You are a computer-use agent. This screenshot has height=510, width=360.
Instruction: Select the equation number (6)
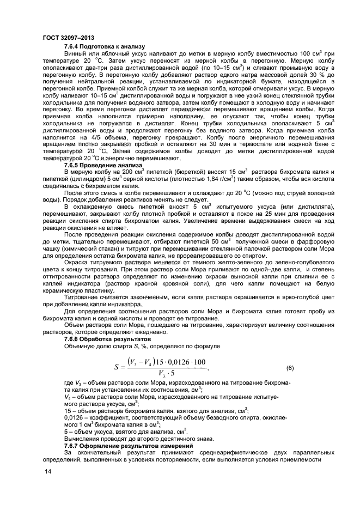(x=290, y=368)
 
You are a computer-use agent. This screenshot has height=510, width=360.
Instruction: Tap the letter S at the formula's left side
(x=117, y=368)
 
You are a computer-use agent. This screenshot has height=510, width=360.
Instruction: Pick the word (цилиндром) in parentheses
(x=81, y=178)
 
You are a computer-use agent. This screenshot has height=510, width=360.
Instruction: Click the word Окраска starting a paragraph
(x=77, y=260)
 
